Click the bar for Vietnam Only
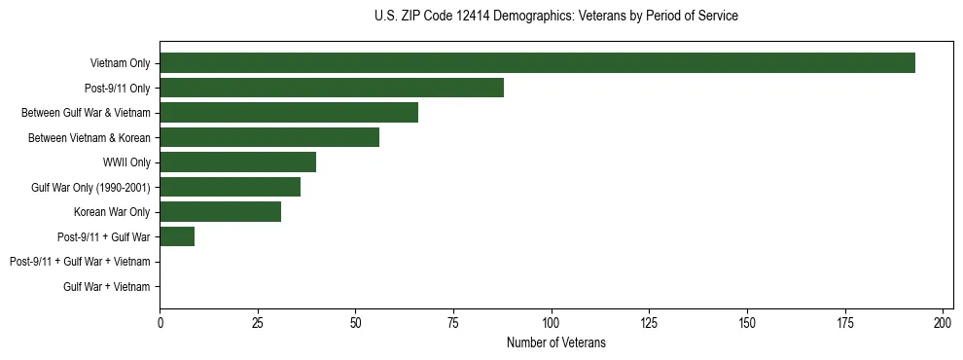(537, 63)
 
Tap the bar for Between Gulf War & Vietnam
(289, 113)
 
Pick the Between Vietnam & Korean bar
(269, 137)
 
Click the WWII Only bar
(237, 162)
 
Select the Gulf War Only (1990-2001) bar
(230, 187)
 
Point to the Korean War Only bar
(220, 211)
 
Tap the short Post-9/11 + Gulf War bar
(177, 236)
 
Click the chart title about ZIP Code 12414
(555, 17)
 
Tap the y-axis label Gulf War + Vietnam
(107, 287)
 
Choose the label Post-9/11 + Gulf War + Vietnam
(80, 262)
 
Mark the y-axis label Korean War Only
(112, 212)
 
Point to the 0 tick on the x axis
(160, 323)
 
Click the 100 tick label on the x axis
(552, 323)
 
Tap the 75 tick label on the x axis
(453, 323)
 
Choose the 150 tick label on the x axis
(747, 323)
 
